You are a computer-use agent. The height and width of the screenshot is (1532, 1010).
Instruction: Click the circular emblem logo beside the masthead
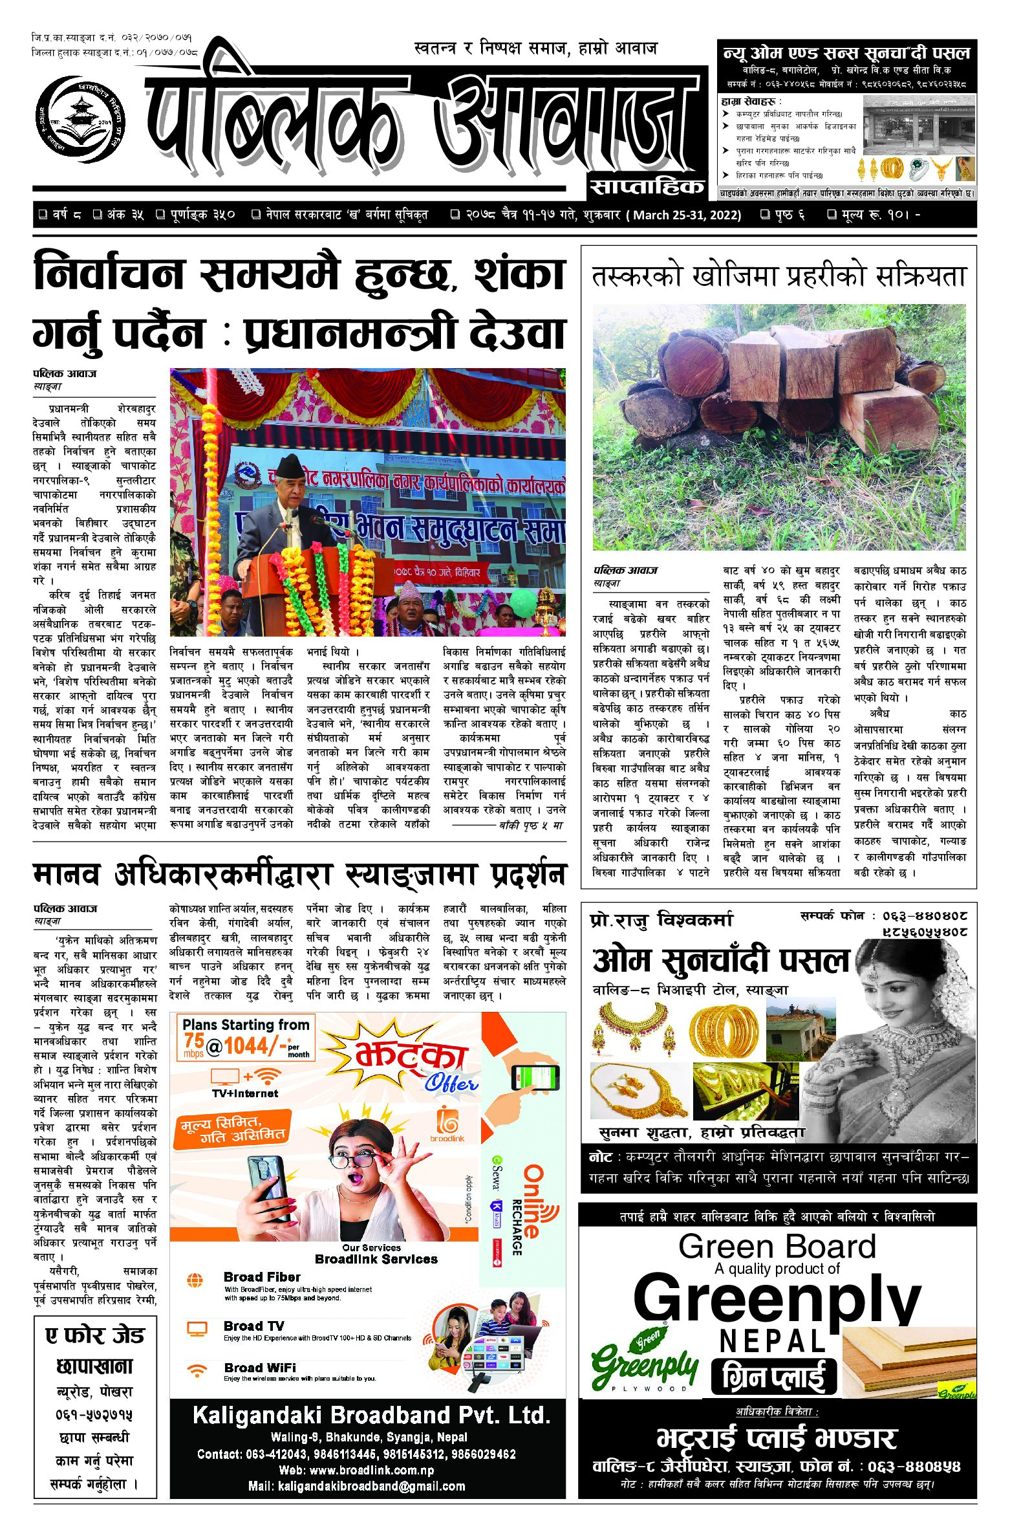click(x=80, y=120)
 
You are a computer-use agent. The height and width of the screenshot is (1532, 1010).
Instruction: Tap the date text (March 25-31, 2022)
click(x=685, y=215)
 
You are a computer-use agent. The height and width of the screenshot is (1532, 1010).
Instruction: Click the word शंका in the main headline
click(x=519, y=274)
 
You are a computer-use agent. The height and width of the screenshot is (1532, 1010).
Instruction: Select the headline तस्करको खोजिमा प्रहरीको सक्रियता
click(x=779, y=276)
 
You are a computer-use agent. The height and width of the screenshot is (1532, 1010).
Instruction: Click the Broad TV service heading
click(x=253, y=1326)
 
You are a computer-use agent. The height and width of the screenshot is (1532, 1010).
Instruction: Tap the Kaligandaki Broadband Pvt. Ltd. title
click(x=371, y=1415)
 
